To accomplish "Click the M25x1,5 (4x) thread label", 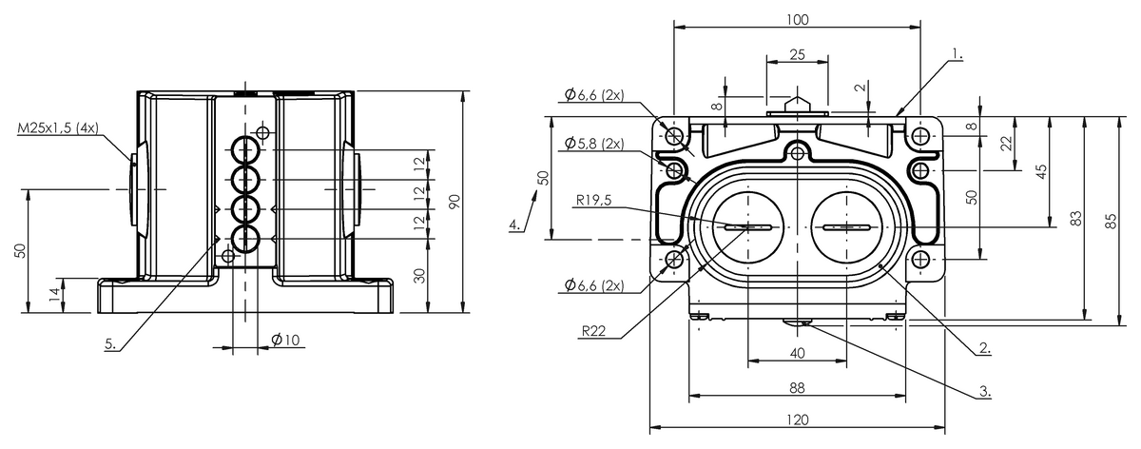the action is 58,127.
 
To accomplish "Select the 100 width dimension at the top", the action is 797,19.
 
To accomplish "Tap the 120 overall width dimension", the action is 797,420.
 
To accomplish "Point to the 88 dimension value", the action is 797,388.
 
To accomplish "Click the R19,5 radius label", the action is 593,201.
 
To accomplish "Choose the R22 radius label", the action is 593,331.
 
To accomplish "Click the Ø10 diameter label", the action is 286,340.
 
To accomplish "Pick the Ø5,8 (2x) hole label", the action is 594,144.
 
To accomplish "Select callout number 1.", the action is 957,53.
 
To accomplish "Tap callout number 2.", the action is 985,348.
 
